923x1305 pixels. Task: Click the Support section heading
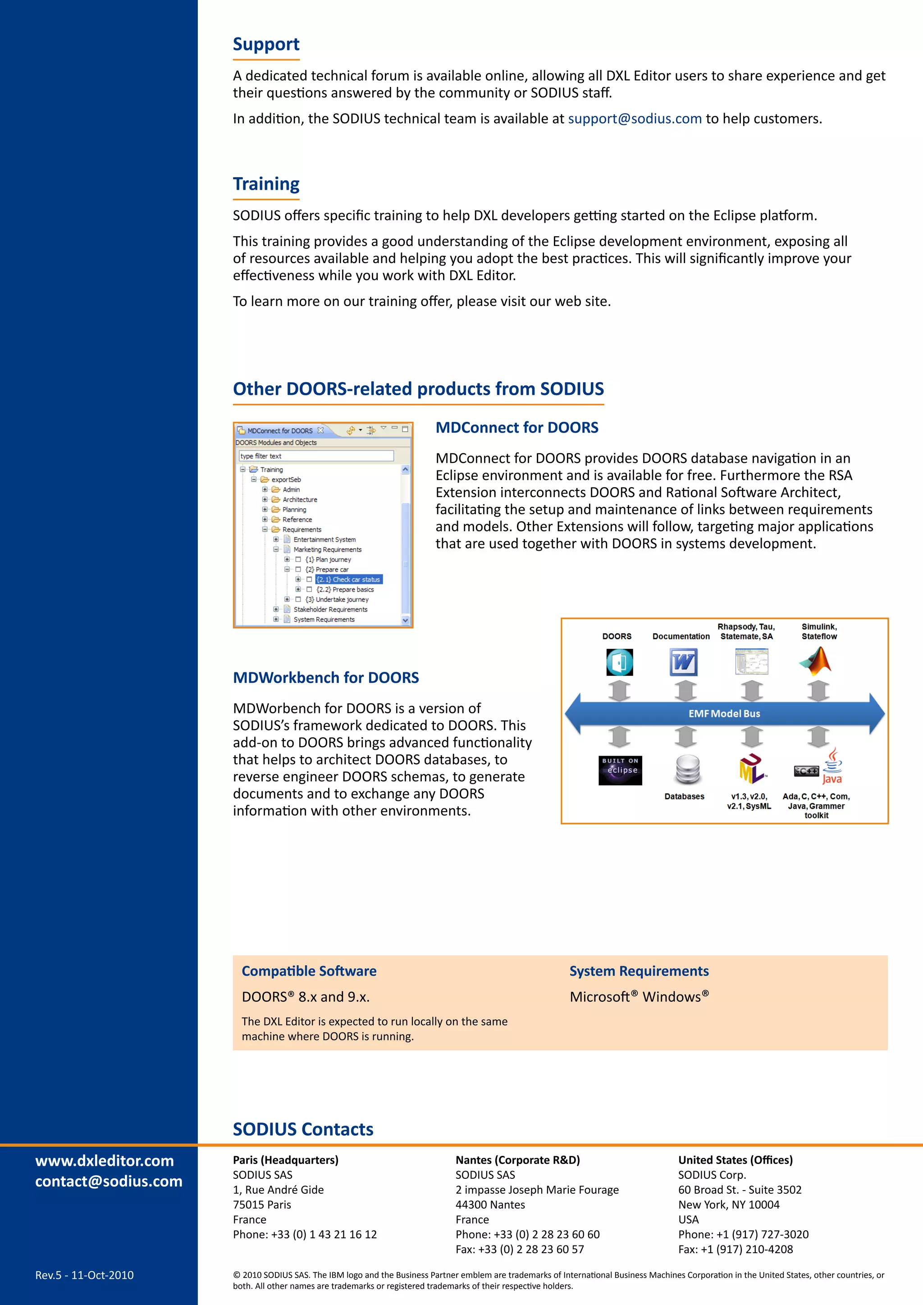coord(266,44)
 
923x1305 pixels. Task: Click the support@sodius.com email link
coord(635,119)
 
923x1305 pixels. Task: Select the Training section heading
coord(266,184)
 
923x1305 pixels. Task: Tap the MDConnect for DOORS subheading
coord(516,428)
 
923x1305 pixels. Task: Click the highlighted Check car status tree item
coord(348,579)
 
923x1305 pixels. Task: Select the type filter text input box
coord(316,456)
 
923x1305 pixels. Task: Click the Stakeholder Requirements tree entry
coord(330,609)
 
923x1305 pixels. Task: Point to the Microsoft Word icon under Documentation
coord(683,662)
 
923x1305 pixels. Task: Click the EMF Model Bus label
coord(724,713)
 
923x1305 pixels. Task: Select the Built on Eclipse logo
coord(620,770)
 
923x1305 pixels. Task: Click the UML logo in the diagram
coord(752,769)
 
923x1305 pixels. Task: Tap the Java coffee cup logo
coord(832,767)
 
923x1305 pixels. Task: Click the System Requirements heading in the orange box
coord(639,971)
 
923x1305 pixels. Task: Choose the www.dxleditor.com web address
coord(105,1161)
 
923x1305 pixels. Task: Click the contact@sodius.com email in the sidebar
coord(109,1181)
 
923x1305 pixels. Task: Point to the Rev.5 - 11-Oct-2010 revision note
coord(84,1275)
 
